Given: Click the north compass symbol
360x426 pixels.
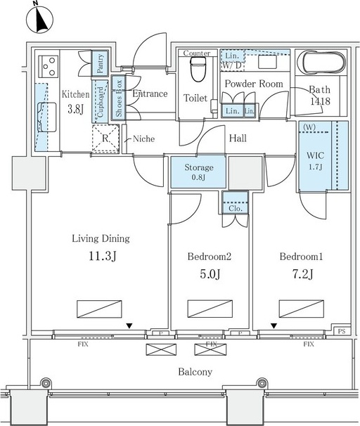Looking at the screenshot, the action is (39, 19).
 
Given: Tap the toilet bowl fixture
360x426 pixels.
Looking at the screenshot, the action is (198, 70).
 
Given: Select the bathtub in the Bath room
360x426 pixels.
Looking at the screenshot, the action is (321, 63).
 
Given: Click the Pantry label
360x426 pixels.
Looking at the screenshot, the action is (100, 63).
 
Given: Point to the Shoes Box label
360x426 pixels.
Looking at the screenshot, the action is (119, 98).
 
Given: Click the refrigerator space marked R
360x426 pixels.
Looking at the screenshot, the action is (105, 138).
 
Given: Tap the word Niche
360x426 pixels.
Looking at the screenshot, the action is (143, 138).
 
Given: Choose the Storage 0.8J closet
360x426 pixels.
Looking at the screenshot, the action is (198, 172).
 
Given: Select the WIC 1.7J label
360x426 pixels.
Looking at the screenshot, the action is (315, 160).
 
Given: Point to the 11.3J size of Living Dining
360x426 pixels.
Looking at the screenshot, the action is (103, 256).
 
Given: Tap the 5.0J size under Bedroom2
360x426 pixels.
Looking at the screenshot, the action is (210, 274).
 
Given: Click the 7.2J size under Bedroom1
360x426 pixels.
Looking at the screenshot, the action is (302, 274).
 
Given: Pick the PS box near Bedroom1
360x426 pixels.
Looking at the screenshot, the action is (342, 331).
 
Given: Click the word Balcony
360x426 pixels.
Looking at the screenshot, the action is (195, 372).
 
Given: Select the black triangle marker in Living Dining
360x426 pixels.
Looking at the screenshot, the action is (129, 325).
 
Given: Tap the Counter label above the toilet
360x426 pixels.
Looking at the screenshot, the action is (197, 53).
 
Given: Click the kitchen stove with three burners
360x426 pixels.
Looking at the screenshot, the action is (49, 67).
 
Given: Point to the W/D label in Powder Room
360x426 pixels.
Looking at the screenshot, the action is (232, 65).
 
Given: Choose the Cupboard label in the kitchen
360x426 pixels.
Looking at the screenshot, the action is (101, 102).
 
